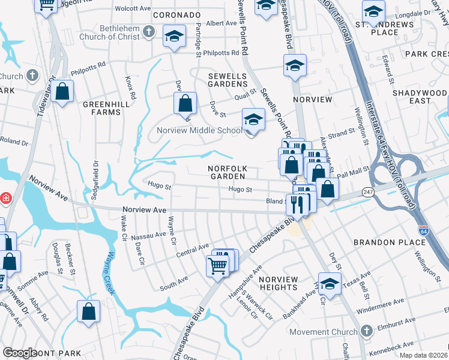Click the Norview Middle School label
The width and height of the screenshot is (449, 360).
point(199,130)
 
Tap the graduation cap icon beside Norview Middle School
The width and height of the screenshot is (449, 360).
point(253,120)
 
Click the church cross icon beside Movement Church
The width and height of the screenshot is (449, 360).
point(367,331)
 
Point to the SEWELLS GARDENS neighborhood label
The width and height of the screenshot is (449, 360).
point(228,80)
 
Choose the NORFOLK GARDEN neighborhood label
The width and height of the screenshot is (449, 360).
point(227,172)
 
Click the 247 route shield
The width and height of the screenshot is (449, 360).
point(367,191)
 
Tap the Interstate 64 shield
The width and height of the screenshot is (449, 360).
point(423,230)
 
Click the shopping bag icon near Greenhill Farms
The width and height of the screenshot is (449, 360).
point(62,92)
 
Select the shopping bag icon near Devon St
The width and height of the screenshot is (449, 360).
point(185,103)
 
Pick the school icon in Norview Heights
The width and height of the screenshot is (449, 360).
point(329,284)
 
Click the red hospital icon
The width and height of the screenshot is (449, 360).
point(5,197)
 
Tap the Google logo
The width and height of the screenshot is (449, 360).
point(20,353)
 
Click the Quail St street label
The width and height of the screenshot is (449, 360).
point(246,93)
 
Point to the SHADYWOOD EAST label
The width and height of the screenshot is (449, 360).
point(420,97)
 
